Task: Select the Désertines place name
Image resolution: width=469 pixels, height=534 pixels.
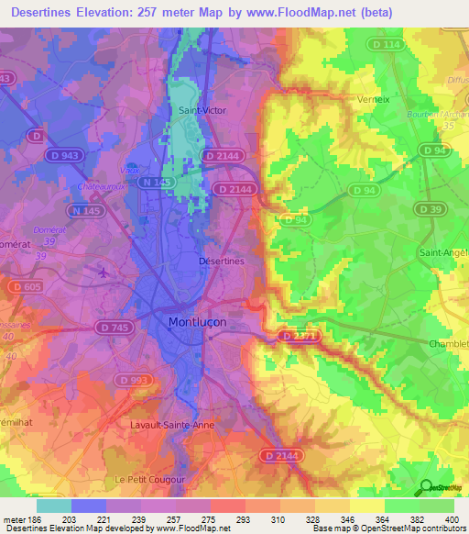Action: (x=221, y=261)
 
